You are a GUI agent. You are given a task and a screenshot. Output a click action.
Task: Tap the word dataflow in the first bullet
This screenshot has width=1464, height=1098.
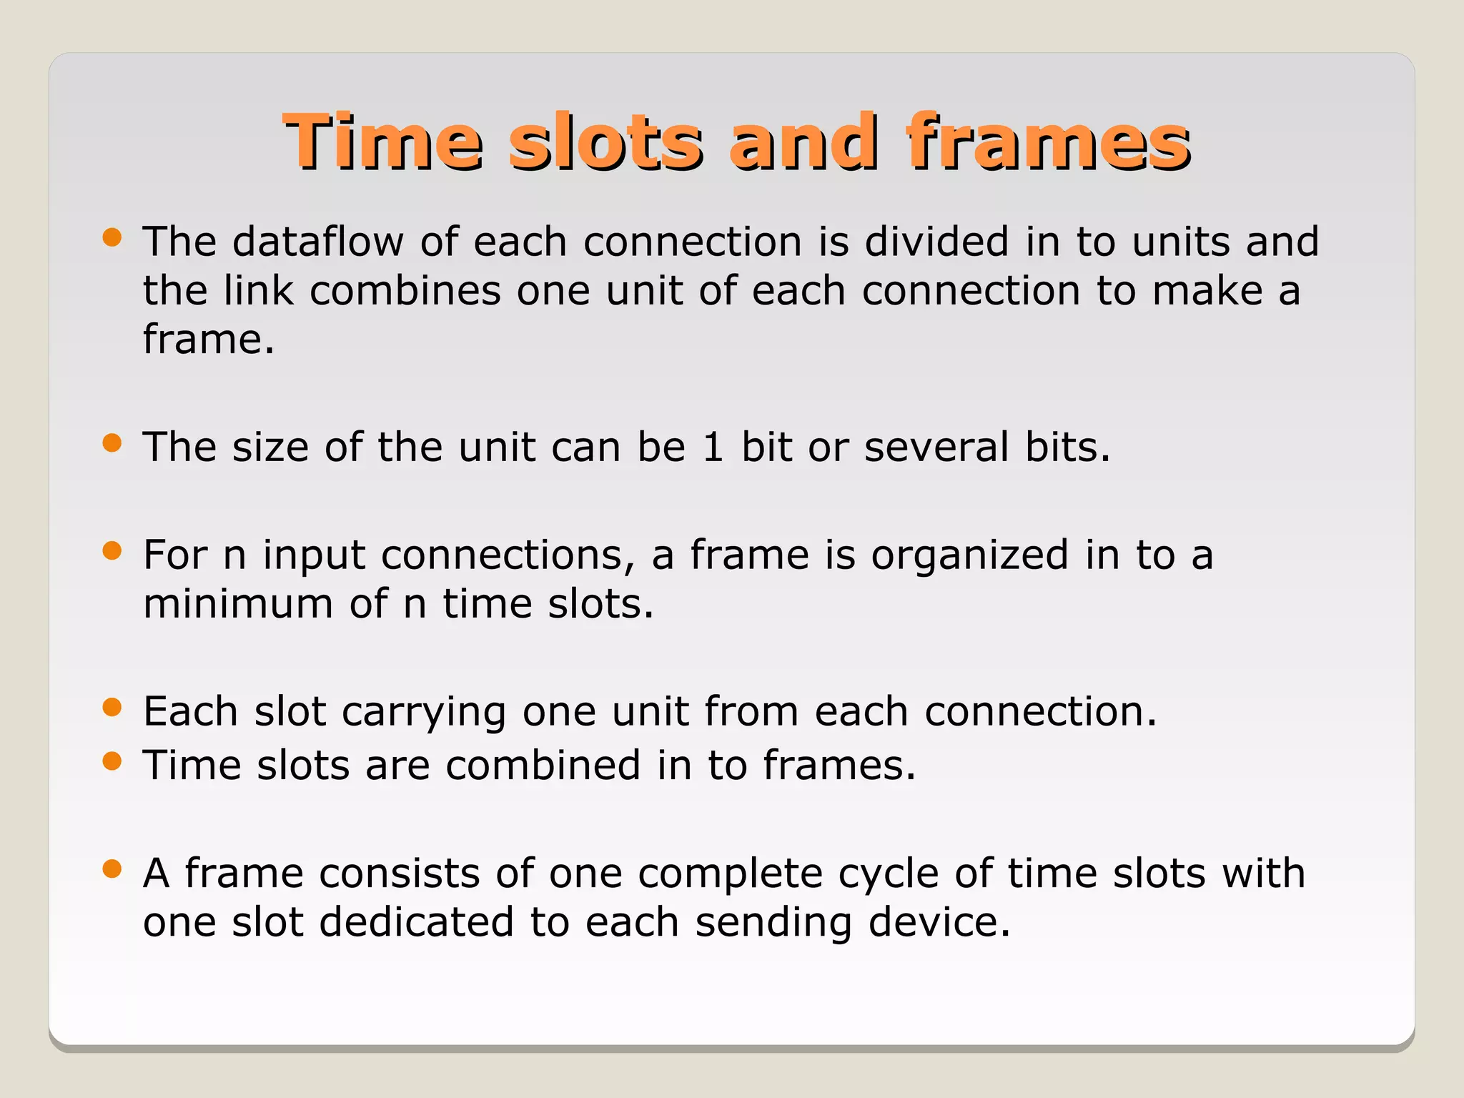317,241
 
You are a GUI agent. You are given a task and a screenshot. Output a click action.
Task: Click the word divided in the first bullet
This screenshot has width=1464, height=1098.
936,241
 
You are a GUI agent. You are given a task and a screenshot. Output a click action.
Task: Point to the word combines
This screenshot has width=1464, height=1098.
405,290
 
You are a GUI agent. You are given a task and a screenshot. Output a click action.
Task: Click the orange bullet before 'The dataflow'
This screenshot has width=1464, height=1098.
112,237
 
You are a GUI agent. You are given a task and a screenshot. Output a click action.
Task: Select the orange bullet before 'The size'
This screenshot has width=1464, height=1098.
112,443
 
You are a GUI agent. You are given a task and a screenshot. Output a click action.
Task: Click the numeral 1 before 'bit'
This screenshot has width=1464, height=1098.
713,447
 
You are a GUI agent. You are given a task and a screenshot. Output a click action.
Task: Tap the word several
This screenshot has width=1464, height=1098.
936,447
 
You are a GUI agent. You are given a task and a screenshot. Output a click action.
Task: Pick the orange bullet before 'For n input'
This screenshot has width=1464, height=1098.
112,550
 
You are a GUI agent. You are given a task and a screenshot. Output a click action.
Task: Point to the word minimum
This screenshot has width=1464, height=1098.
237,603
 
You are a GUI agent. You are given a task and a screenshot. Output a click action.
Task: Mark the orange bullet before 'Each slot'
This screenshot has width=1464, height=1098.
112,707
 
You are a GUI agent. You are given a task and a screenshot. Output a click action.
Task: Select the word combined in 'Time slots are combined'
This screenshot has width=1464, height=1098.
543,765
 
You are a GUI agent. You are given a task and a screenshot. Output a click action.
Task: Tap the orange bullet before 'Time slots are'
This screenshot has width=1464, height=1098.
112,761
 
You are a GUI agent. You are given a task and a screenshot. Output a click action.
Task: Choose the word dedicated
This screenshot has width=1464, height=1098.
416,921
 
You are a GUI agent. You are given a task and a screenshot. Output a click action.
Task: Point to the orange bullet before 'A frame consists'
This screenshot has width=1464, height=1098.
112,869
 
